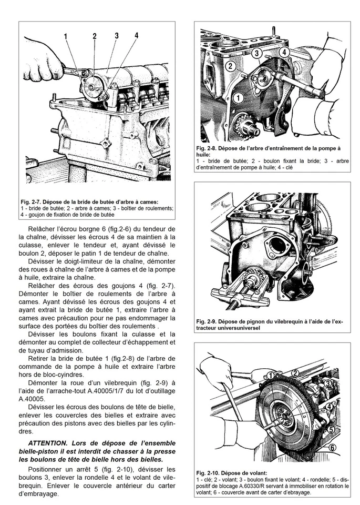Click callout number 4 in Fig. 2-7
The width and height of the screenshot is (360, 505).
point(136,35)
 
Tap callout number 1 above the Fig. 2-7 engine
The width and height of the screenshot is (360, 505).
point(66,36)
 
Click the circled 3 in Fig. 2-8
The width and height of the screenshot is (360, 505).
point(257,53)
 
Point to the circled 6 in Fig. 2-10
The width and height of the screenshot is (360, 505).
point(332,448)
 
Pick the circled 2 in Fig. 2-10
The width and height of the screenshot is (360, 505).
point(295,373)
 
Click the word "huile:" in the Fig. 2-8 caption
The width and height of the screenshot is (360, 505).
point(204,155)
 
